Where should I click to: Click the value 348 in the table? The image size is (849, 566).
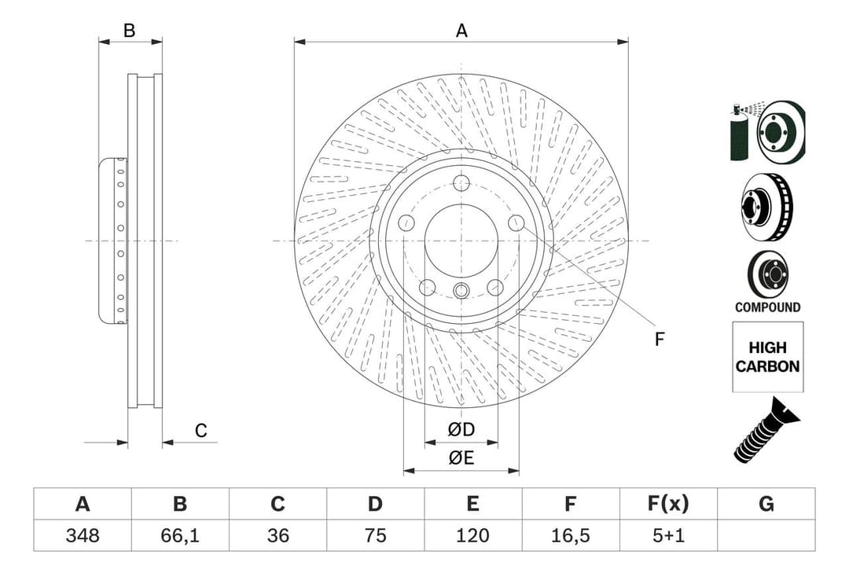[x=82, y=535]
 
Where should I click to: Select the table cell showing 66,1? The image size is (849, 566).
[x=179, y=535]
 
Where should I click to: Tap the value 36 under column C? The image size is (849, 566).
[x=277, y=535]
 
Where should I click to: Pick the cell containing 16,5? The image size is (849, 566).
[x=571, y=535]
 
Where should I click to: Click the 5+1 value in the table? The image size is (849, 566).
[x=668, y=535]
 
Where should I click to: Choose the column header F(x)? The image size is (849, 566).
[x=668, y=504]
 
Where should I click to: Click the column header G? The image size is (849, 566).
[x=766, y=504]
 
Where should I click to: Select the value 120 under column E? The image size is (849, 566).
[x=472, y=535]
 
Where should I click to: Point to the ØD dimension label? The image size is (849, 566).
[x=461, y=430]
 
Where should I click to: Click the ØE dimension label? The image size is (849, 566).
[x=461, y=458]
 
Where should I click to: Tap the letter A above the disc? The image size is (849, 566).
[x=461, y=31]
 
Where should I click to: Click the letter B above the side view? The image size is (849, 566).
[x=130, y=31]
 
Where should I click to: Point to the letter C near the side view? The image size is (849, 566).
[x=201, y=430]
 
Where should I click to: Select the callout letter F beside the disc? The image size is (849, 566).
[x=660, y=339]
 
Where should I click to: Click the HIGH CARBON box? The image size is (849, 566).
[x=767, y=357]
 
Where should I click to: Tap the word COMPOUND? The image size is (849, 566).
[x=767, y=307]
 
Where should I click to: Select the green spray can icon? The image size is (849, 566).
[x=740, y=134]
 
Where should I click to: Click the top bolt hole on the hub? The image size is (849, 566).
[x=461, y=182]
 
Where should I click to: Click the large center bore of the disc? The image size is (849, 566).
[x=461, y=241]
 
